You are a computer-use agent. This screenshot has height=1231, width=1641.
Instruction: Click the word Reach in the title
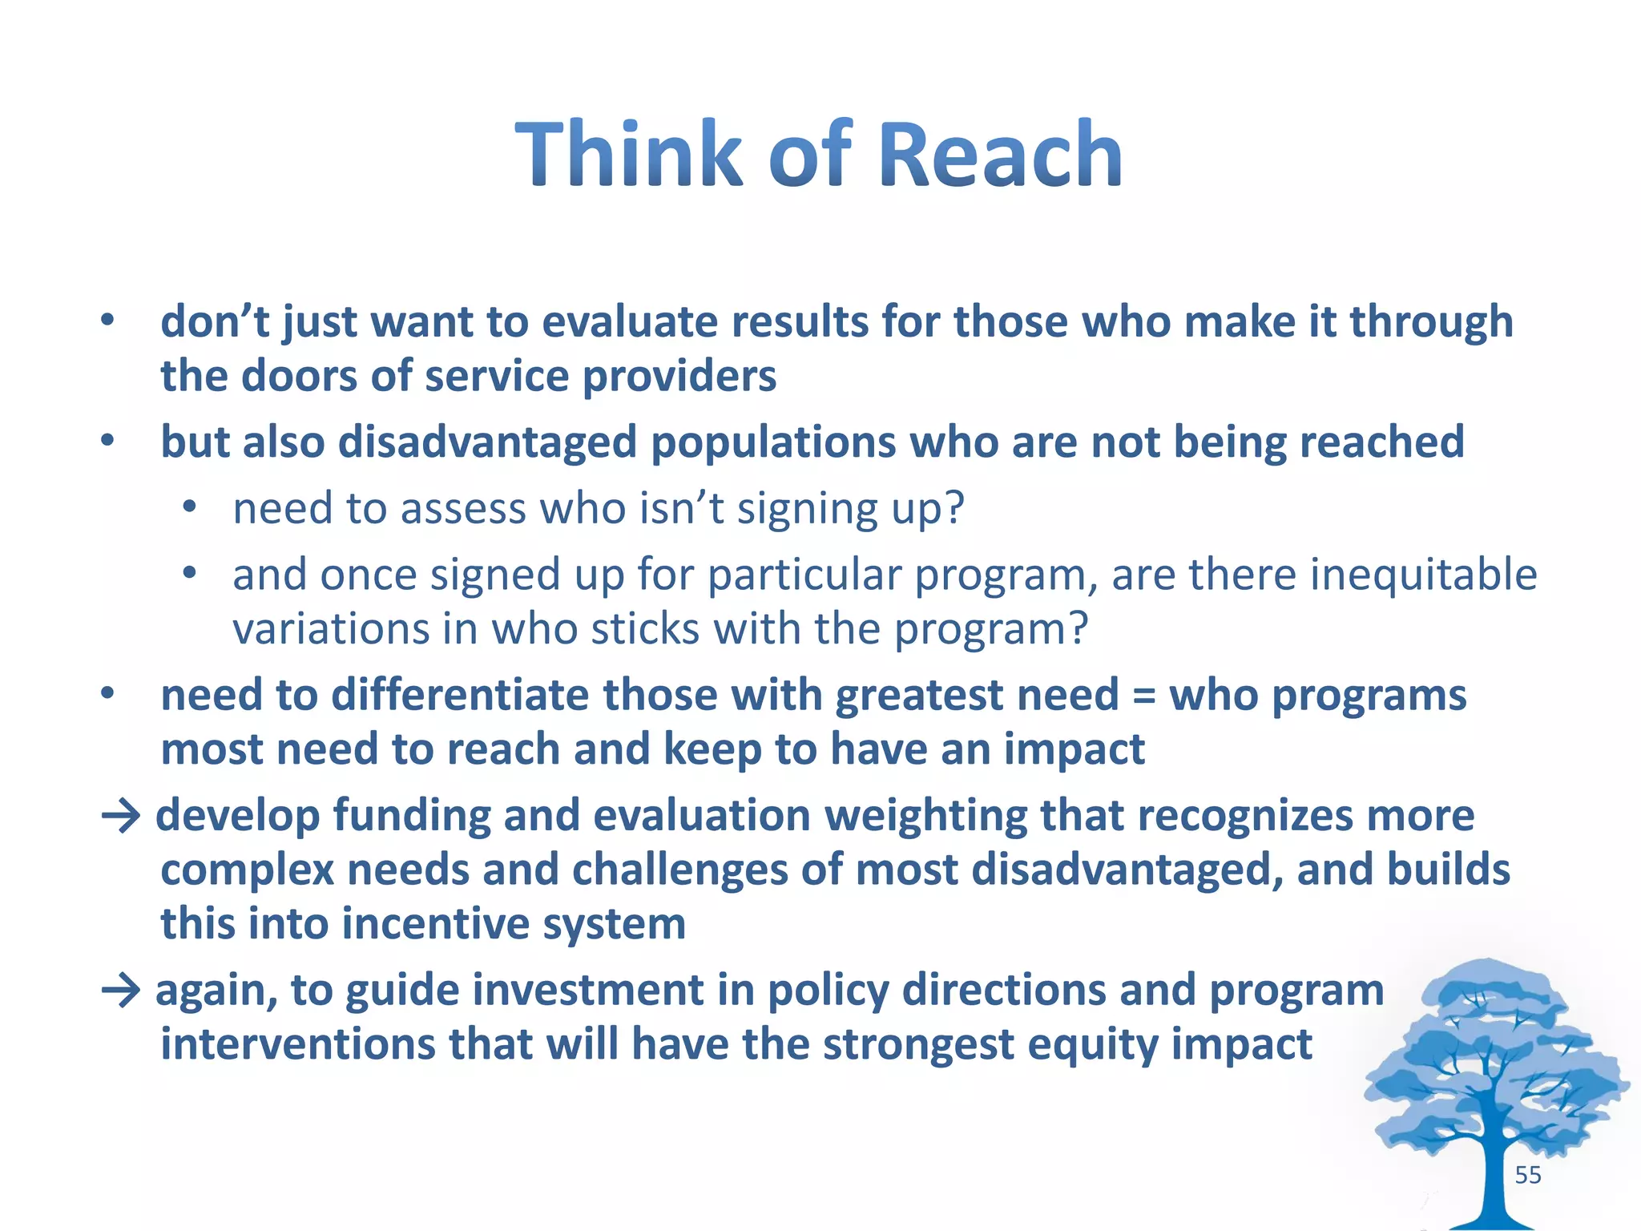(1000, 155)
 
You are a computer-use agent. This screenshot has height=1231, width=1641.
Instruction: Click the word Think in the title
(629, 155)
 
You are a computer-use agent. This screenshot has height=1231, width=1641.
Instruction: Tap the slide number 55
(1528, 1175)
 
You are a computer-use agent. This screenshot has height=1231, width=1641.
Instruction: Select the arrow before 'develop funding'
(122, 817)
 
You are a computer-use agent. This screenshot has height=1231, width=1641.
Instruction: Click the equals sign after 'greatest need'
(1144, 695)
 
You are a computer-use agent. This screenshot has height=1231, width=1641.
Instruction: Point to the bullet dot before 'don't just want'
(107, 321)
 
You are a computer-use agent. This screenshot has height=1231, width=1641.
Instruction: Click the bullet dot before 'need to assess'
(189, 507)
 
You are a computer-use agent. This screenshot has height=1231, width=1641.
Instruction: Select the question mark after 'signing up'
(954, 508)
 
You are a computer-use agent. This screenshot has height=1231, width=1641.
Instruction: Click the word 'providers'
(679, 376)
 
